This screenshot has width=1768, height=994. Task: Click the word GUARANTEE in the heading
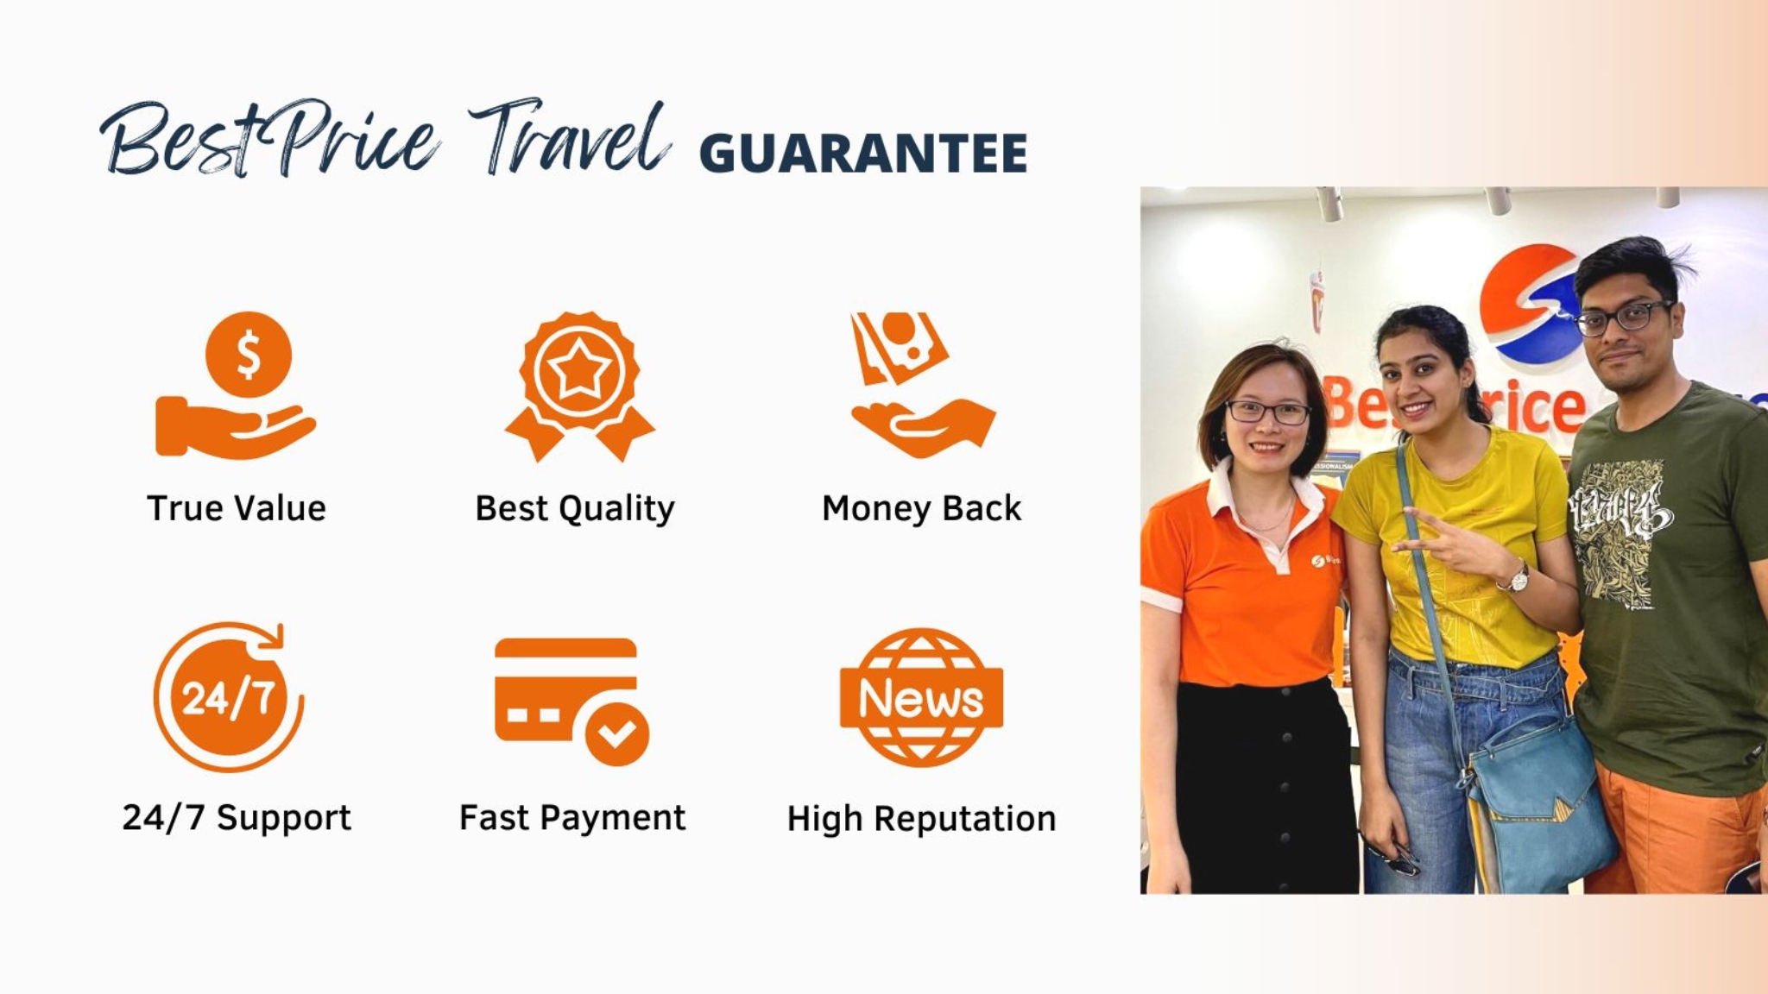[863, 154]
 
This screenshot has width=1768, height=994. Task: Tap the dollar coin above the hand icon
[249, 354]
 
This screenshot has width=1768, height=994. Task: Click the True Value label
[237, 508]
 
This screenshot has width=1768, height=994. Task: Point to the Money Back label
[921, 508]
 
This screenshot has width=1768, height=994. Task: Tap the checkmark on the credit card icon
[616, 734]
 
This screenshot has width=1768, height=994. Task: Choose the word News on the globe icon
[921, 698]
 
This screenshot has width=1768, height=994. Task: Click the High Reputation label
[921, 818]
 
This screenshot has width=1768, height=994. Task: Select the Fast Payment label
[572, 817]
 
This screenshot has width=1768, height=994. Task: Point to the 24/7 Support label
[237, 817]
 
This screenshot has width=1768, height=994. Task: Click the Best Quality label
[575, 508]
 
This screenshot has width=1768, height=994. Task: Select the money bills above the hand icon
[898, 345]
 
